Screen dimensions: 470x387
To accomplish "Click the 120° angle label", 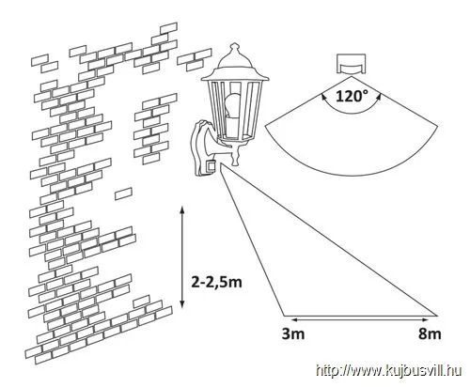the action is point(350,96).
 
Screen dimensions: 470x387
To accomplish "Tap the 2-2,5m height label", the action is point(216,283).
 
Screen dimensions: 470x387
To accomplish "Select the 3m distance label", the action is point(293,333).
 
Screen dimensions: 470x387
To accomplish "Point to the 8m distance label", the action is point(430,333).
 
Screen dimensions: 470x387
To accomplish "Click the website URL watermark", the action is point(388,371).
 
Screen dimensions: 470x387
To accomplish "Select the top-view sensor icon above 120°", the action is point(352,65).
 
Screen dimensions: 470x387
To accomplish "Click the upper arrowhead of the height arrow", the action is point(182,209).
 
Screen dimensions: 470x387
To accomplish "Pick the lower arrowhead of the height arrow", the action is point(182,304).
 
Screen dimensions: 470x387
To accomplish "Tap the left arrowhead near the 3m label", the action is point(292,320).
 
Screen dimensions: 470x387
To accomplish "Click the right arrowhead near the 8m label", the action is point(424,320).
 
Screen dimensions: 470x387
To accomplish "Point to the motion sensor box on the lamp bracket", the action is point(211,165).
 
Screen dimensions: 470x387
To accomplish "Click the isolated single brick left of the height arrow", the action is point(123,193).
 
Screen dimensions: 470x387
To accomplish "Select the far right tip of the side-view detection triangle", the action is point(437,316).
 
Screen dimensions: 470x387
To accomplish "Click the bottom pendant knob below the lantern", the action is point(234,157).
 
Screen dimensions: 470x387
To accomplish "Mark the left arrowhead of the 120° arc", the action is point(321,96).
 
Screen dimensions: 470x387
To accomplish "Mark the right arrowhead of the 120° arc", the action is point(379,96).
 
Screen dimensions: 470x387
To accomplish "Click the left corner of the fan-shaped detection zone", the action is point(265,126).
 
